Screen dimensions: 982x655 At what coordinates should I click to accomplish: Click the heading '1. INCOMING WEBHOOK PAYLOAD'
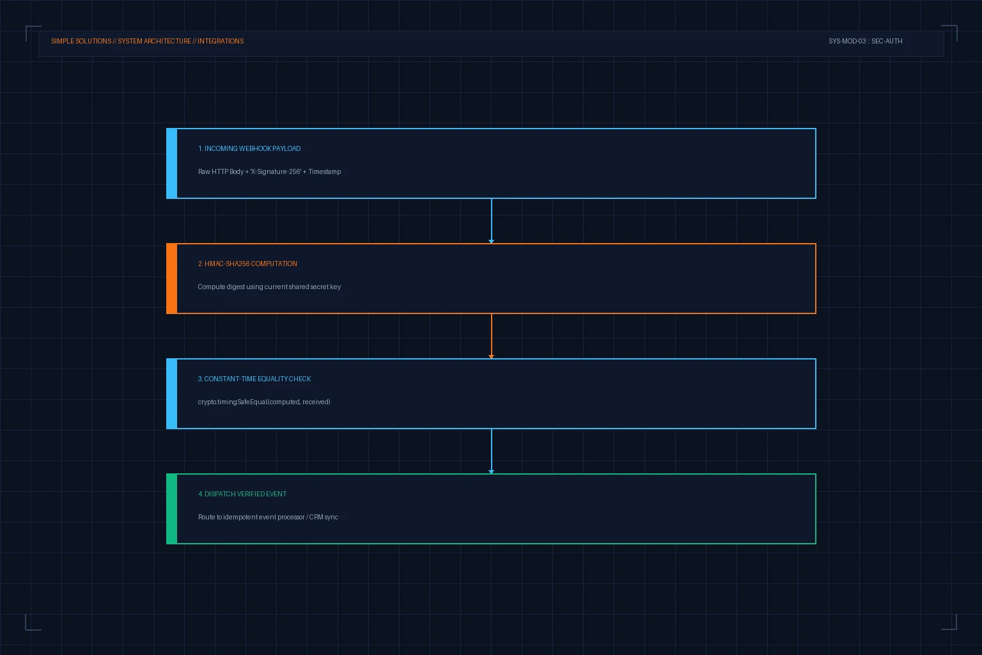point(249,149)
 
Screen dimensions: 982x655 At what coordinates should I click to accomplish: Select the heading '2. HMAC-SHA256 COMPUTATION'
point(247,264)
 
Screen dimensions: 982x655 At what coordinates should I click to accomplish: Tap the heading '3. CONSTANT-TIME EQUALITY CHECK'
point(254,379)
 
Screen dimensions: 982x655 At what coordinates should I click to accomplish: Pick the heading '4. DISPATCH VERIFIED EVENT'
point(242,494)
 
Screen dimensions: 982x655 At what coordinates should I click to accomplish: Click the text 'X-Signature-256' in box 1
point(276,171)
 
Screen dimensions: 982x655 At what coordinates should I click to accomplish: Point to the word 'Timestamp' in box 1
point(324,171)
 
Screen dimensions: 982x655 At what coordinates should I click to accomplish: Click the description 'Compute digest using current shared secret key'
point(269,287)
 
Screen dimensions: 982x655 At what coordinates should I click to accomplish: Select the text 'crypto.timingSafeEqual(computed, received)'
point(264,402)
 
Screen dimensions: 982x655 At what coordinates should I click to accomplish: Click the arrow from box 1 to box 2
point(492,221)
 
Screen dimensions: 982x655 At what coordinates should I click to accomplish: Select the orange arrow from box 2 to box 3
point(492,336)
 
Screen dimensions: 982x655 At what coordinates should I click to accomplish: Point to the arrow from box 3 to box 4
point(492,451)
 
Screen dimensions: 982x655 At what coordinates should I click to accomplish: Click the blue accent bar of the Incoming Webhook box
point(172,163)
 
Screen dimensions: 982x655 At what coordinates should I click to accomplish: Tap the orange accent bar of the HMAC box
point(172,279)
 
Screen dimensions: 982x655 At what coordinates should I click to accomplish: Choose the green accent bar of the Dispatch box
point(172,509)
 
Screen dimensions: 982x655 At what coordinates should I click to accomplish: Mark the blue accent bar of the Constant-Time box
point(172,393)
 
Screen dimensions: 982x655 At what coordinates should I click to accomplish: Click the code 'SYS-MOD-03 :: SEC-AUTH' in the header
point(866,41)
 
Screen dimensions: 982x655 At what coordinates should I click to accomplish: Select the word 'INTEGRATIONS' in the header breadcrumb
point(221,41)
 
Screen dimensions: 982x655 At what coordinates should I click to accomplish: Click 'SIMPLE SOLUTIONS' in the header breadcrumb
point(81,41)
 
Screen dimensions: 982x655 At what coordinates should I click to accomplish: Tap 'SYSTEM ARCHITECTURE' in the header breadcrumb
point(154,41)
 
